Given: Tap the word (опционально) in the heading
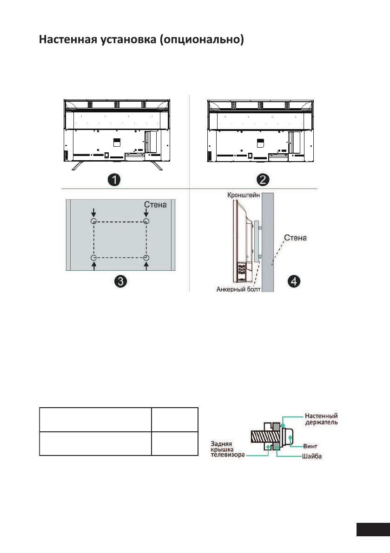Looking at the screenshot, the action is (x=202, y=40).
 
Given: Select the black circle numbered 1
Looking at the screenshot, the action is (x=114, y=180).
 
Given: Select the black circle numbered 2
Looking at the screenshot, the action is (x=263, y=180).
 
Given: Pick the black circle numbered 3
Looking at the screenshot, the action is (x=121, y=281).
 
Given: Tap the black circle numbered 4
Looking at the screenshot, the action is (x=294, y=281).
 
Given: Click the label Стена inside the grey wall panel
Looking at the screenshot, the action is (x=155, y=205).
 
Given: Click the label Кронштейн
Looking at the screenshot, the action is (x=244, y=195).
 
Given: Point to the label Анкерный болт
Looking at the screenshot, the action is (x=238, y=289).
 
